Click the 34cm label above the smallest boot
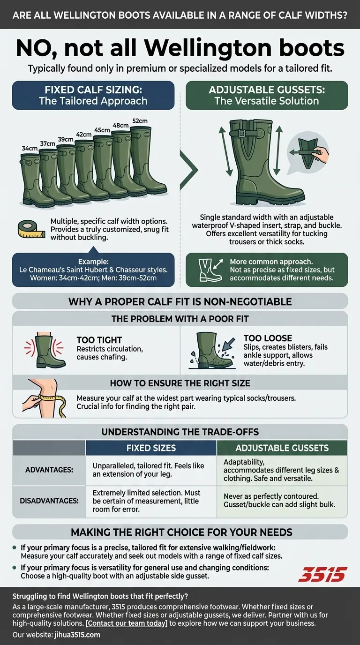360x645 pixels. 30,148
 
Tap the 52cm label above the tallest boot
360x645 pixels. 140,121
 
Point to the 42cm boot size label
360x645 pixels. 84,135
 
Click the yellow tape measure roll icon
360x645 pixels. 31,230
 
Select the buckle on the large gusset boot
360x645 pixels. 242,133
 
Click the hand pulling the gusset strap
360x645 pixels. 322,154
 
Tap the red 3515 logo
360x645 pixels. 322,574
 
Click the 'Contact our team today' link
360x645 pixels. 127,623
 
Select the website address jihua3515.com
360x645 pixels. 77,634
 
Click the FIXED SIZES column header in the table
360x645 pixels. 151,448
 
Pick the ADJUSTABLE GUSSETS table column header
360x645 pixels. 282,448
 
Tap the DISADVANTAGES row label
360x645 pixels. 49,501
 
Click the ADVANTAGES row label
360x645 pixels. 49,470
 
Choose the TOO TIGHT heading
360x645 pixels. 99,340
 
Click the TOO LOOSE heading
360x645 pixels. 268,338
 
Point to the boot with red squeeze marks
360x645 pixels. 44,350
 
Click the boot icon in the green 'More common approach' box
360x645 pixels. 210,270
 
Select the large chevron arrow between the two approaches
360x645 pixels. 189,170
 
